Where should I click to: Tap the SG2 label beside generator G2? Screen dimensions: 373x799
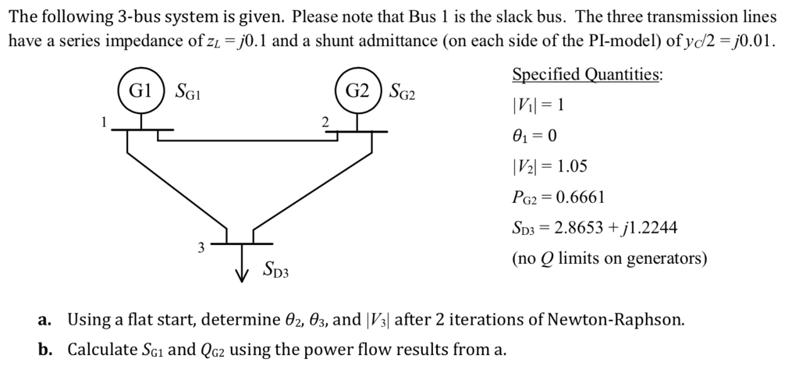[403, 92]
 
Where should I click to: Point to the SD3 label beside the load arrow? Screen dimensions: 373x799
[276, 272]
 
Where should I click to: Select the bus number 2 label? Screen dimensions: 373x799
[325, 121]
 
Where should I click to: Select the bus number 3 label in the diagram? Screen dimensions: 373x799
[201, 248]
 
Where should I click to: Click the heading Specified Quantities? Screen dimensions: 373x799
[587, 75]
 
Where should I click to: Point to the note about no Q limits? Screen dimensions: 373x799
[609, 258]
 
